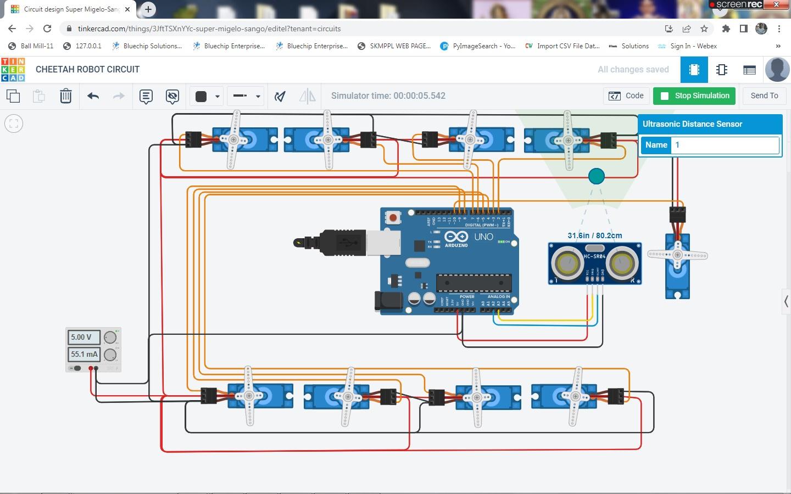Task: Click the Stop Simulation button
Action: pos(695,96)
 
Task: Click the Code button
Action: pos(626,96)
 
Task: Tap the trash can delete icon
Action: pos(65,96)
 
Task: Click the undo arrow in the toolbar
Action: pos(93,96)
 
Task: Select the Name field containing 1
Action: pos(725,145)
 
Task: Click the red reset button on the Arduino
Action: pos(393,218)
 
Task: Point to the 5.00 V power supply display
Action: pos(84,337)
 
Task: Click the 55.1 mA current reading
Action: pos(84,354)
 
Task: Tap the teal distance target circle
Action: pos(596,176)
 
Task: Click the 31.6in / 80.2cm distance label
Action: pos(595,235)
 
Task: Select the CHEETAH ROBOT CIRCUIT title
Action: pos(87,70)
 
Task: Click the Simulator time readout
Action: pos(388,96)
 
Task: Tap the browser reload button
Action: pos(47,29)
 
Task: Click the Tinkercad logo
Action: pos(13,70)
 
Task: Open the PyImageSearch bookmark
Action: pos(478,46)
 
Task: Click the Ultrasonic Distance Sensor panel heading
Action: pos(692,124)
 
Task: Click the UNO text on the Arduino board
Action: pos(483,237)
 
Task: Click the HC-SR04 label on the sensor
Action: pos(594,256)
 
